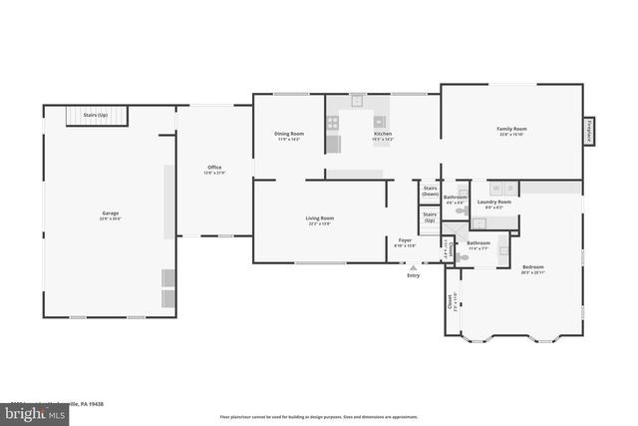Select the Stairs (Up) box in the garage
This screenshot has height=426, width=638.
point(98,117)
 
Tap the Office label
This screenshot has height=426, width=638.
point(214,169)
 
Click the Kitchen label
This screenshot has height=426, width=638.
point(383,135)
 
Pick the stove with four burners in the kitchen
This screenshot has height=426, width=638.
point(333,124)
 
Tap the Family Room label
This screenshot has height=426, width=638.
point(512,130)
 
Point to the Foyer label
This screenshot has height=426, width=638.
point(406,241)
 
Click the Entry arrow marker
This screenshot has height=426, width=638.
point(413,267)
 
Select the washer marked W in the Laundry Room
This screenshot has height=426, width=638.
point(497,188)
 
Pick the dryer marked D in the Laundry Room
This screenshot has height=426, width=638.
point(510,188)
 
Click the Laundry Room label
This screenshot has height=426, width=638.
point(494,204)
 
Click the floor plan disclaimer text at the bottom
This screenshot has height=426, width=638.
point(319,416)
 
